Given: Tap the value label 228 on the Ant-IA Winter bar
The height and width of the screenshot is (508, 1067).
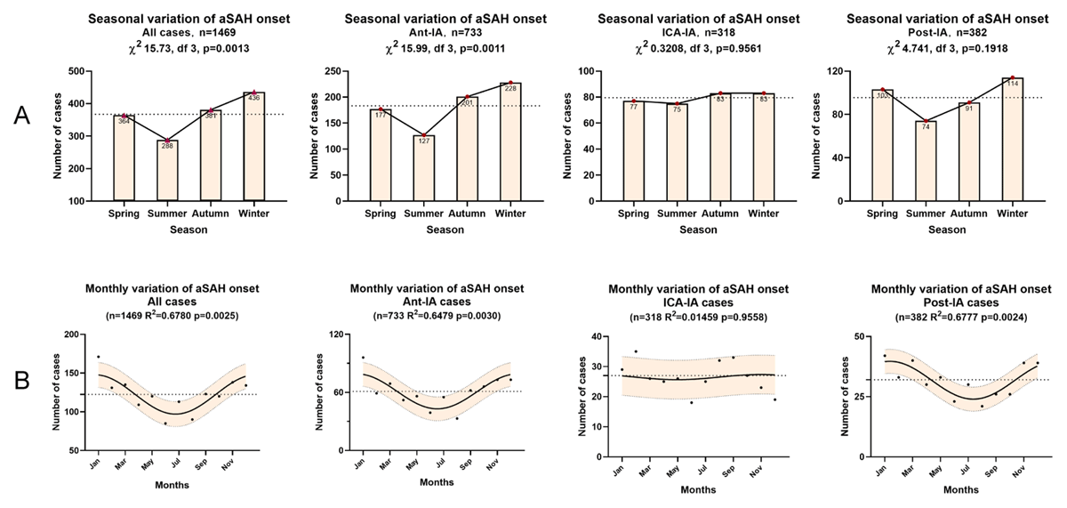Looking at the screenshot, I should pos(510,88).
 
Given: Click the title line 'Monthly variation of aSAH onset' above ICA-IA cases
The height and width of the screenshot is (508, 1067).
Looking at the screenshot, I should pos(698,289).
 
